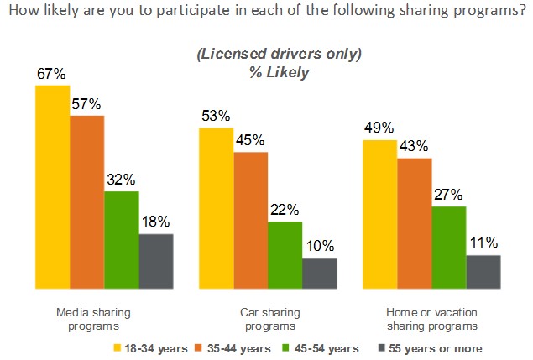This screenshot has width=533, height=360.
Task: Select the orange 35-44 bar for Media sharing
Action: point(86,201)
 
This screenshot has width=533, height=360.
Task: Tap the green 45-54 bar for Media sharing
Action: point(122,239)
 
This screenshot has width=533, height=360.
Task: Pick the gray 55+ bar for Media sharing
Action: point(156,260)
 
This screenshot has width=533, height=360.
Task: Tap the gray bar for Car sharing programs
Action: point(320,273)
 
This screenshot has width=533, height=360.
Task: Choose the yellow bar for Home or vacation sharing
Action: point(379,214)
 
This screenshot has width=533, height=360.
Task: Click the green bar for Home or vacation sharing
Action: point(448,247)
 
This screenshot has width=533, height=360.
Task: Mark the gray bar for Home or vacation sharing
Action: point(483,271)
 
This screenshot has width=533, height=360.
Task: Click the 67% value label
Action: point(50,74)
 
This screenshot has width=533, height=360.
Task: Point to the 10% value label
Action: point(320,247)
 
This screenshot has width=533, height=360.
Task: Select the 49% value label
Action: point(379,128)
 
